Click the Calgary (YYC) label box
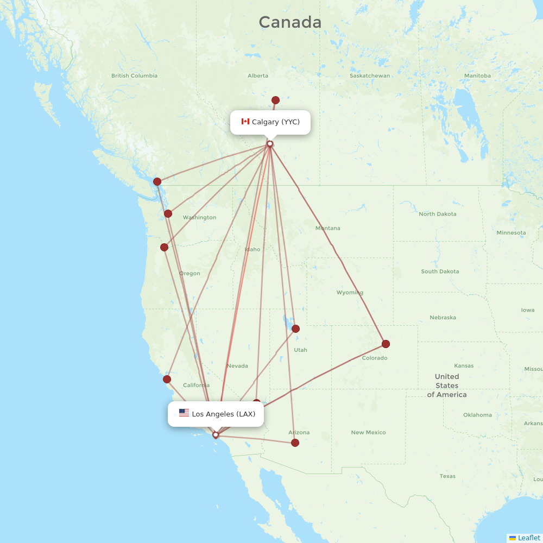pos(270,122)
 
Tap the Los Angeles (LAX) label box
pos(216,414)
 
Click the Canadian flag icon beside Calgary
pos(245,122)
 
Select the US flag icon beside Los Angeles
pos(184,413)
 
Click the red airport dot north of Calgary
pos(275,100)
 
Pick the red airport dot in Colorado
pos(386,344)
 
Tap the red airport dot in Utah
pos(295,329)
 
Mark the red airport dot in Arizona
pos(295,443)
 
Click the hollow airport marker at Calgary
pos(270,144)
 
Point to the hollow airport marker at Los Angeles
pos(216,434)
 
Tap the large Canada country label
pos(290,22)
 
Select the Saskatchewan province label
pos(370,75)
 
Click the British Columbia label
pos(134,75)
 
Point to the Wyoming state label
pos(350,292)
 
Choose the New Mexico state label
pos(368,432)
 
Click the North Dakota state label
pos(438,214)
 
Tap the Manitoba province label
pos(477,75)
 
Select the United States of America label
pos(447,386)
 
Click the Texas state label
pos(447,476)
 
